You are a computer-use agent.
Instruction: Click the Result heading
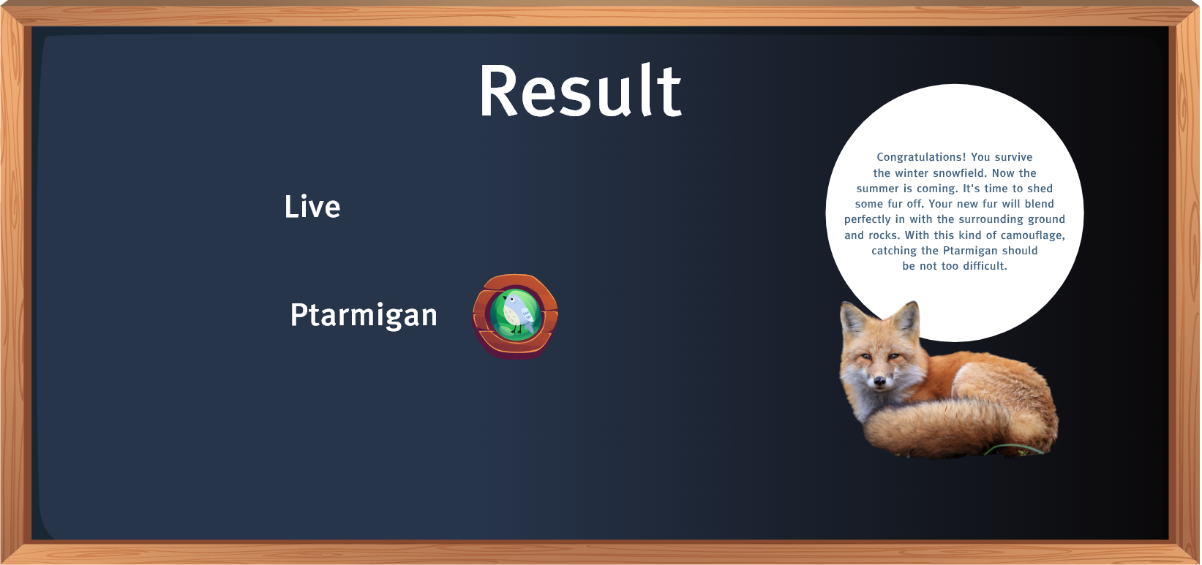click(580, 90)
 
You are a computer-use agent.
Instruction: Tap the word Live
click(312, 206)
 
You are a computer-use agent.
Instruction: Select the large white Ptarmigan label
click(364, 315)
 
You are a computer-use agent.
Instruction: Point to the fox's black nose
click(879, 381)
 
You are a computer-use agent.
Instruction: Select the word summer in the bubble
click(875, 189)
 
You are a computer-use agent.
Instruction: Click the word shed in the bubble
click(1042, 189)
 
